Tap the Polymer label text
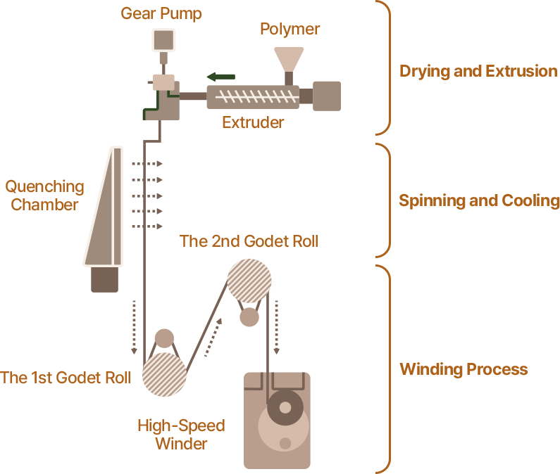click(290, 29)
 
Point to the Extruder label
click(253, 122)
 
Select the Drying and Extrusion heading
click(478, 71)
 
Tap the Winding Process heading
click(463, 369)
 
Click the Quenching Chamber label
click(45, 196)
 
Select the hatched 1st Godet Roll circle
click(164, 374)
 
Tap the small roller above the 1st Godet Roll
click(164, 338)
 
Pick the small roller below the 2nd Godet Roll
click(249, 318)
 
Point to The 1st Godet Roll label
click(66, 378)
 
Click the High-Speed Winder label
click(181, 434)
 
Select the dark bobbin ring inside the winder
click(285, 407)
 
